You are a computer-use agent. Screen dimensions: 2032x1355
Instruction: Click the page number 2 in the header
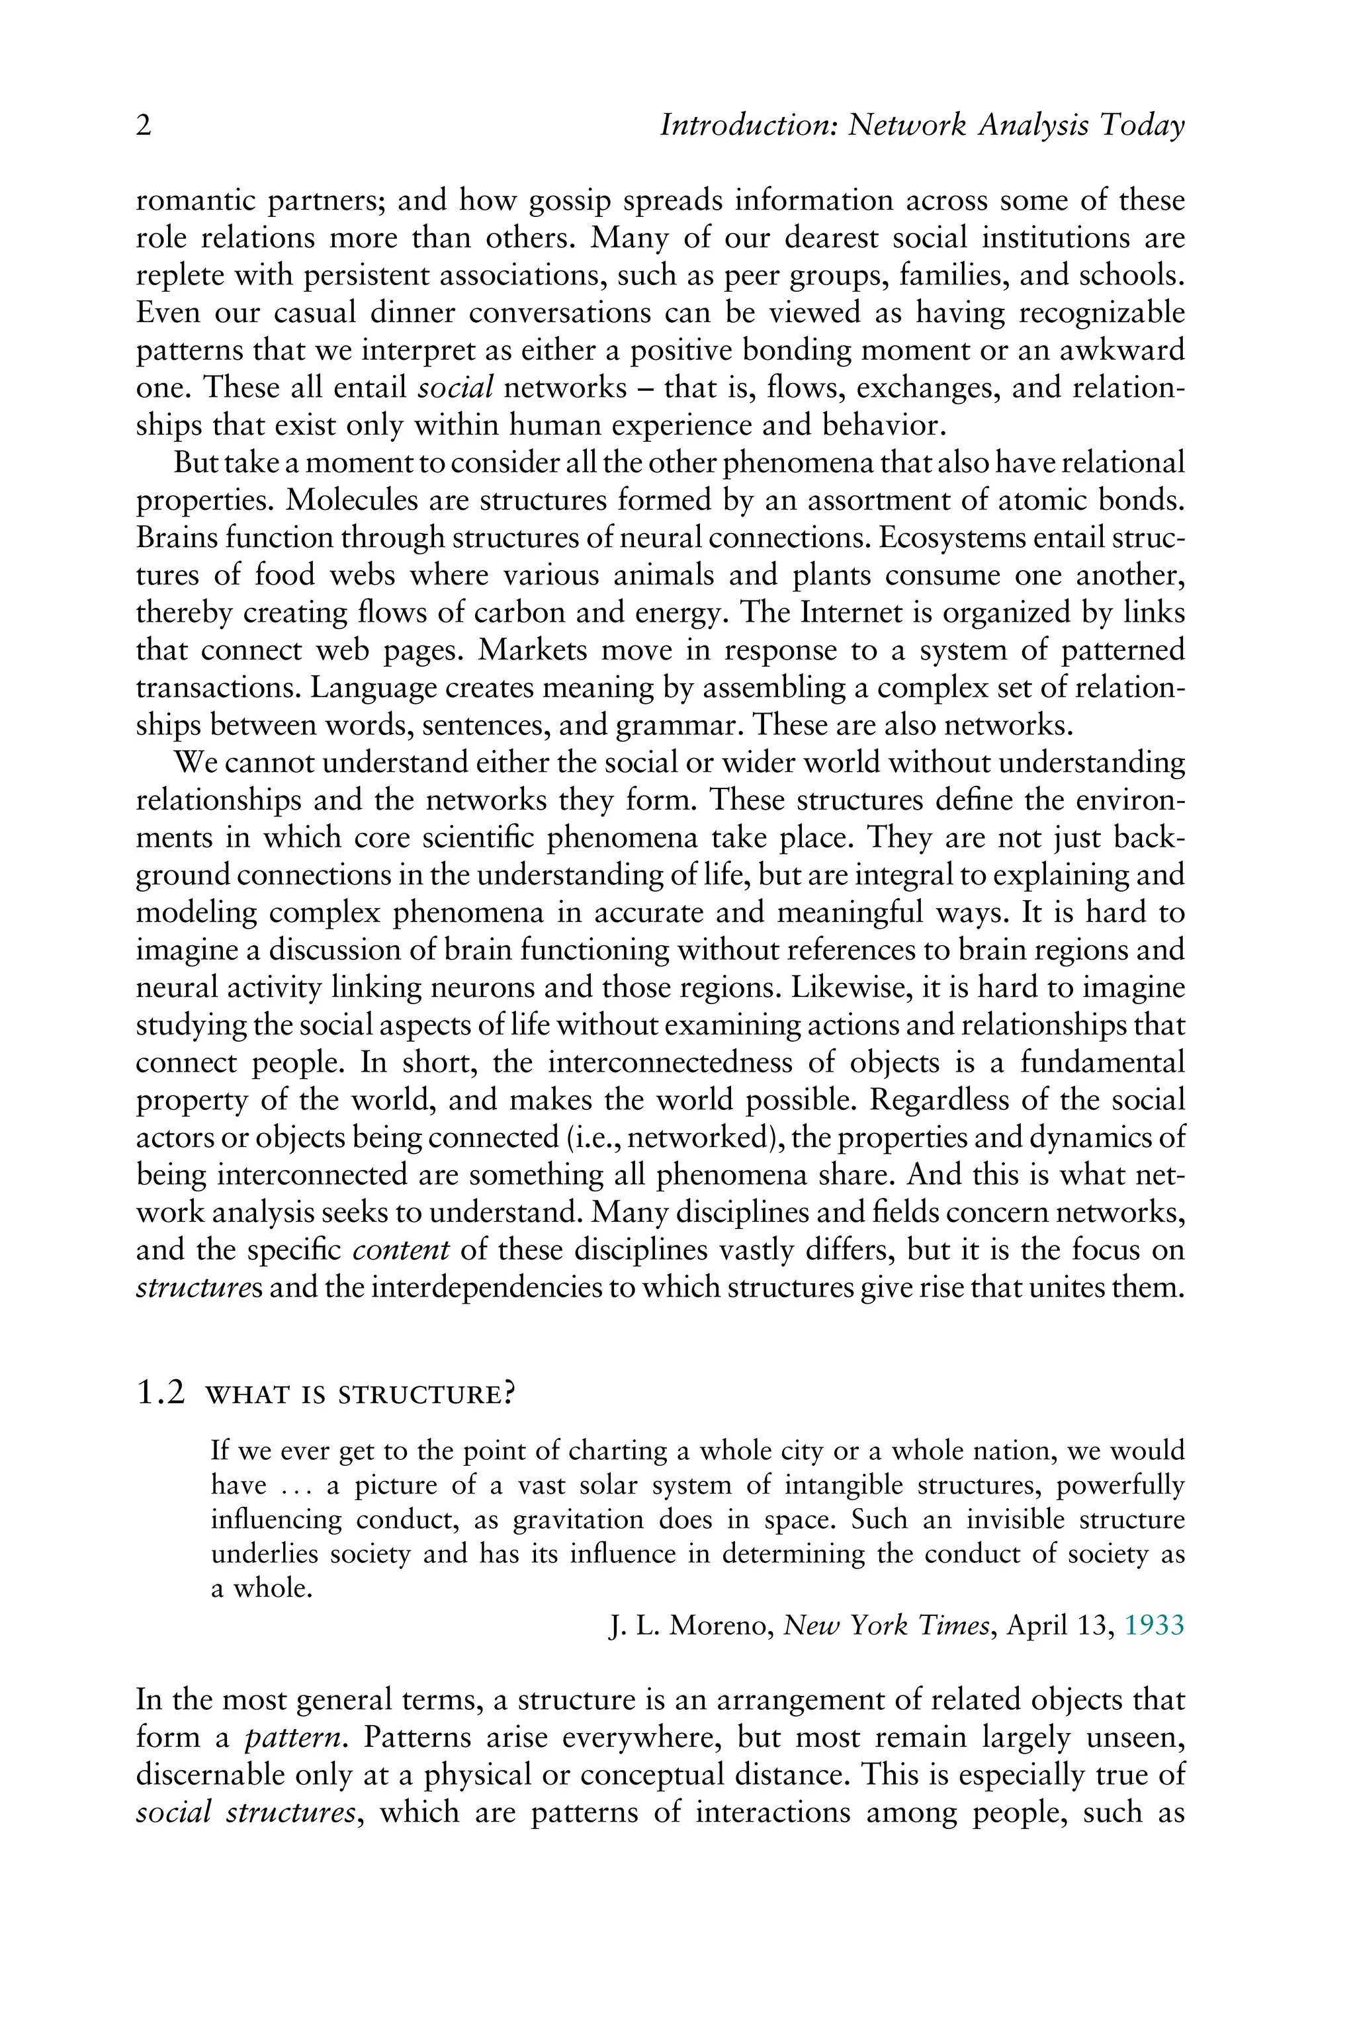click(x=144, y=127)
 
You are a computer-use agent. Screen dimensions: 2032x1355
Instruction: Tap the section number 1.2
click(x=161, y=1394)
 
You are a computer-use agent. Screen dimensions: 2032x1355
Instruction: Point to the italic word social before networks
click(x=455, y=388)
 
